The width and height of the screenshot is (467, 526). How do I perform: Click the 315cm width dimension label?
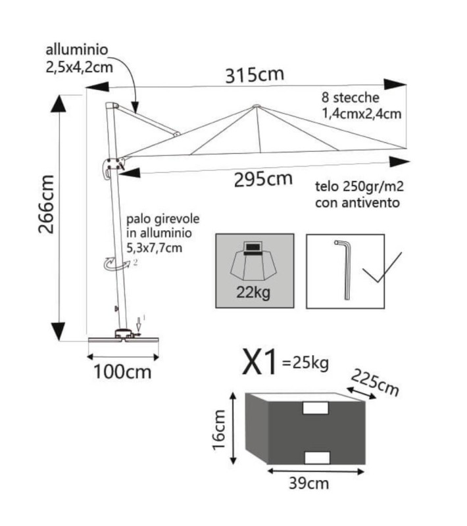click(x=255, y=75)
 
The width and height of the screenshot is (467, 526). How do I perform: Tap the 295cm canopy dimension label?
click(x=263, y=179)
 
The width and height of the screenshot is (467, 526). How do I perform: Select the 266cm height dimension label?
click(x=46, y=204)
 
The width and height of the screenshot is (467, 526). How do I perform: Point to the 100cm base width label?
click(x=122, y=372)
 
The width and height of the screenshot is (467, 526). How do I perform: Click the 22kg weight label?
click(x=253, y=293)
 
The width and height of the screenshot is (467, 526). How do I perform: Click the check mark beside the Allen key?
click(x=381, y=268)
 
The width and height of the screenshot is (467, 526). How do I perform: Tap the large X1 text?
click(x=260, y=362)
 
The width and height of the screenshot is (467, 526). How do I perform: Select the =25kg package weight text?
click(x=306, y=363)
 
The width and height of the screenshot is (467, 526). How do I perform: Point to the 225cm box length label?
click(x=375, y=383)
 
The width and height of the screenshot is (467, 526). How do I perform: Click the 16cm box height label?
click(x=218, y=430)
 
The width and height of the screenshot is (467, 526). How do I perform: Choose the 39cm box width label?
click(x=308, y=483)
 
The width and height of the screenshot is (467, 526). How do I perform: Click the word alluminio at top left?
click(x=77, y=50)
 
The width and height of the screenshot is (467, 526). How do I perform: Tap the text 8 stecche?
click(x=350, y=97)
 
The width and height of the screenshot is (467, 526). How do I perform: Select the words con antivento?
click(x=357, y=203)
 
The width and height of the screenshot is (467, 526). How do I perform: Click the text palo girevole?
click(x=162, y=219)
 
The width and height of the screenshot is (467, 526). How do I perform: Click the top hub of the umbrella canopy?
click(x=257, y=107)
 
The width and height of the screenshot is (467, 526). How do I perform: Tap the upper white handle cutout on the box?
click(x=315, y=408)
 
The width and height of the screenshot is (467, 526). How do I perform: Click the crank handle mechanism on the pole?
click(x=113, y=167)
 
